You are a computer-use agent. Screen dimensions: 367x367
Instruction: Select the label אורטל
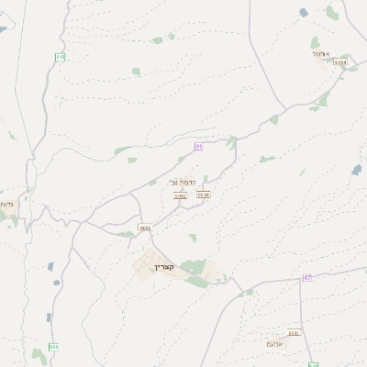pyautogui.click(x=321, y=53)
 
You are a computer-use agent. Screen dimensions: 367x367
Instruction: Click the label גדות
pyautogui.click(x=6, y=204)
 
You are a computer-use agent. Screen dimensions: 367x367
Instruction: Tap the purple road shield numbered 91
pyautogui.click(x=197, y=147)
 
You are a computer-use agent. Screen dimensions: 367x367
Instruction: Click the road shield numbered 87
pyautogui.click(x=307, y=277)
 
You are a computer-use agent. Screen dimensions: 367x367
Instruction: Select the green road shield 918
pyautogui.click(x=61, y=57)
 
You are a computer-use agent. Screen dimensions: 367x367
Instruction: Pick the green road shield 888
pyautogui.click(x=53, y=347)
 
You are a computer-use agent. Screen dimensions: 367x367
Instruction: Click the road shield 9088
pyautogui.click(x=145, y=228)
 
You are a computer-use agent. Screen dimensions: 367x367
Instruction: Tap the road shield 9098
pyautogui.click(x=203, y=195)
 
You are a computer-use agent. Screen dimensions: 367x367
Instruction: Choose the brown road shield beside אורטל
pyautogui.click(x=340, y=62)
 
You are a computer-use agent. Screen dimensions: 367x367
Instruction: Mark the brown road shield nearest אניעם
pyautogui.click(x=294, y=334)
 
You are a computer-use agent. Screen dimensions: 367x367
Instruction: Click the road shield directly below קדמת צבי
pyautogui.click(x=180, y=195)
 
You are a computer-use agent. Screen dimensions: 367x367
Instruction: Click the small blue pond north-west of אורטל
pyautogui.click(x=304, y=12)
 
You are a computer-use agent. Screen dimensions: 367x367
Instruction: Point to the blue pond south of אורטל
pyautogui.click(x=356, y=170)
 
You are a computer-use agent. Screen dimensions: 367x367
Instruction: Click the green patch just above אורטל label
pyautogui.click(x=316, y=42)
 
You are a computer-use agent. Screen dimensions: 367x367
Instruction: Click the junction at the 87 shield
pyautogui.click(x=300, y=277)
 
